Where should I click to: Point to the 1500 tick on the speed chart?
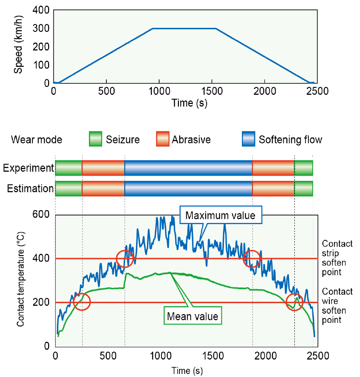(211, 92)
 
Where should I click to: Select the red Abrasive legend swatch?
(162, 140)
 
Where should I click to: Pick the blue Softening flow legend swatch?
(248, 140)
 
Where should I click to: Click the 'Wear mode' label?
(36, 140)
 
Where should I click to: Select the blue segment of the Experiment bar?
(189, 168)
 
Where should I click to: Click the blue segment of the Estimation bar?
(189, 188)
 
